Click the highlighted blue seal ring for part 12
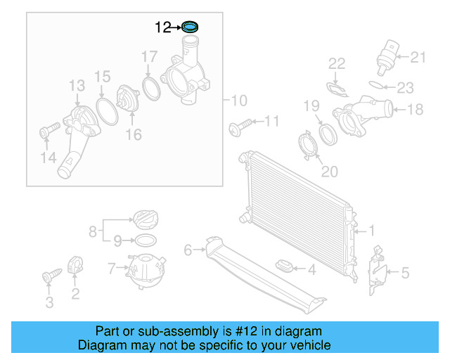[189, 27]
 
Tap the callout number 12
[162, 27]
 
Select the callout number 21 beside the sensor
[418, 57]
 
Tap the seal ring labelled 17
[150, 88]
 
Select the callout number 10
[239, 99]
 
